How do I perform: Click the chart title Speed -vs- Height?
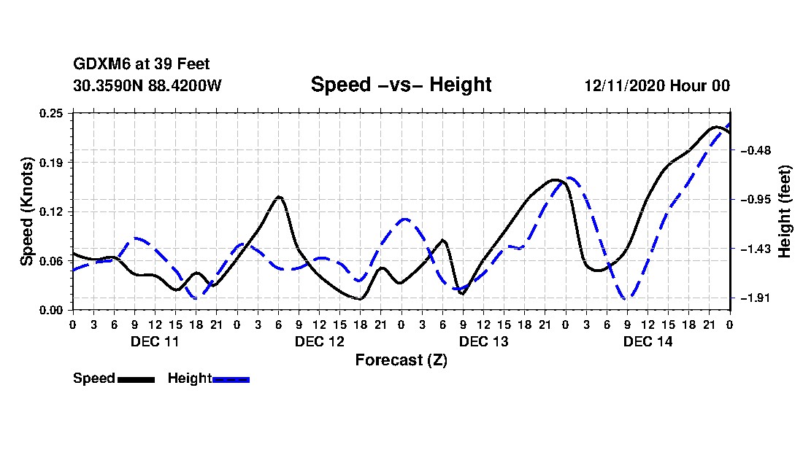click(x=401, y=85)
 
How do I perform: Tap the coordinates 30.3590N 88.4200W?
click(x=147, y=85)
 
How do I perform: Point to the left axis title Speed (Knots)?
click(x=27, y=211)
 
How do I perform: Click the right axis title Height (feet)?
click(x=785, y=211)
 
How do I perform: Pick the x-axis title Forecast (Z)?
click(x=401, y=360)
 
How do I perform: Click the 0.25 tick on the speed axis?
click(x=52, y=112)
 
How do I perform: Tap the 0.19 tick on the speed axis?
click(x=52, y=162)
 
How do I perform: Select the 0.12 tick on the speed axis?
click(x=52, y=211)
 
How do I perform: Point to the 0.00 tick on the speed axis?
click(x=52, y=310)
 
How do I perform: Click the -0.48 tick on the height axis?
click(x=752, y=150)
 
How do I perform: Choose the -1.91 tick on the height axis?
click(x=752, y=298)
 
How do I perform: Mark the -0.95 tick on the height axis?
click(x=752, y=200)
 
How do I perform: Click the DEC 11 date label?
click(x=154, y=341)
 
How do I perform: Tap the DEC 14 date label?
click(x=648, y=341)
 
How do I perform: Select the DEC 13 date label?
click(x=483, y=341)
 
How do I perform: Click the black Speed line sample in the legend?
click(x=136, y=379)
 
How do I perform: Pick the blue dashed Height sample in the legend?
click(x=231, y=379)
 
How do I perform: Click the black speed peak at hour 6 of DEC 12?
click(x=278, y=197)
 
